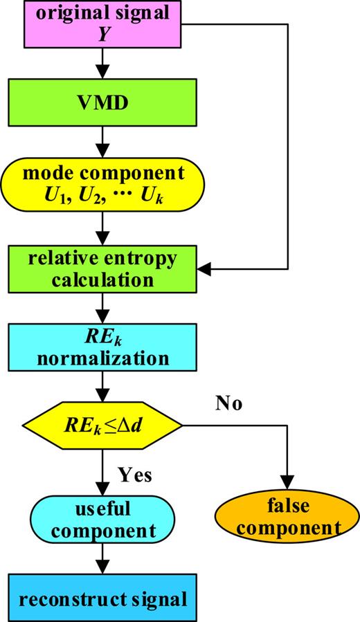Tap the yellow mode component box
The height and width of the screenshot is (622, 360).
(102, 183)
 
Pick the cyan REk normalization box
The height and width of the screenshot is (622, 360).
(102, 348)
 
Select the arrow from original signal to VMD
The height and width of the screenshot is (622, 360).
(102, 64)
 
